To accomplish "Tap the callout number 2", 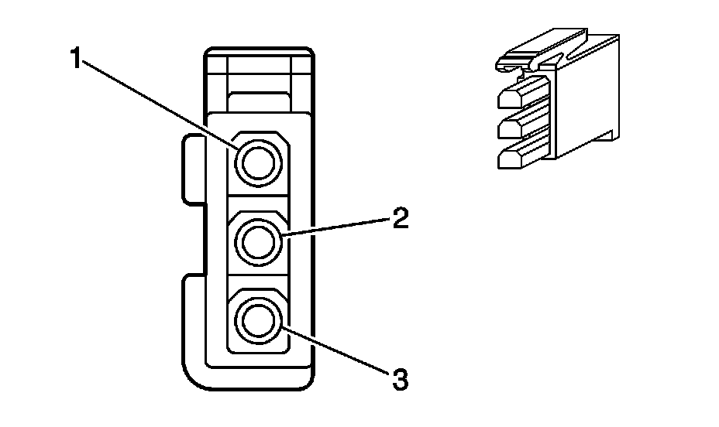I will (400, 219).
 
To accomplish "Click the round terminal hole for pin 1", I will (257, 162).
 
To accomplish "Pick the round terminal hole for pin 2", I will (257, 242).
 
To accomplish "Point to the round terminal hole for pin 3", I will (257, 320).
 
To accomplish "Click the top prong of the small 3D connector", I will (519, 97).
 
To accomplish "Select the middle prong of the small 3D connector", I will (519, 125).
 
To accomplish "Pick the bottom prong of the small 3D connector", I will (519, 157).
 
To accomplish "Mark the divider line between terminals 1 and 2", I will (257, 203).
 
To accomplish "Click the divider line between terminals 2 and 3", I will (257, 282).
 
